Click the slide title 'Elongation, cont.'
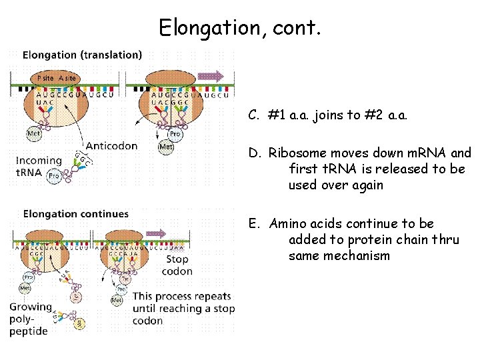[x=240, y=27]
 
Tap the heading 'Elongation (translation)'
[x=82, y=55]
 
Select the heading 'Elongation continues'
[x=76, y=214]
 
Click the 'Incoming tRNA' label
[x=39, y=166]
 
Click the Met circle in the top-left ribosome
[x=33, y=133]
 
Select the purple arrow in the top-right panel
[x=211, y=75]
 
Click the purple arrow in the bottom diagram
[x=156, y=233]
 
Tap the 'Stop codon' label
[x=177, y=265]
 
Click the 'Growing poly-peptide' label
[x=30, y=318]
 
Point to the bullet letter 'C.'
[x=254, y=115]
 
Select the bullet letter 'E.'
[x=254, y=224]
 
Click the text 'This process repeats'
[x=181, y=296]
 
